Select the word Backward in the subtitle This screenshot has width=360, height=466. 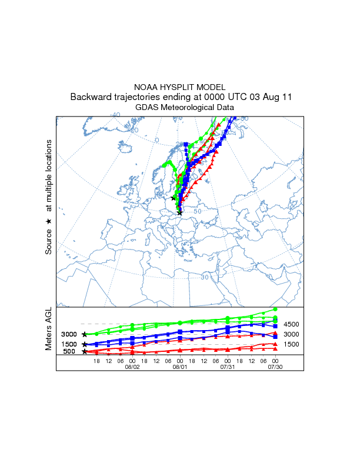coord(90,96)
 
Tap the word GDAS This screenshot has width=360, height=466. coord(147,108)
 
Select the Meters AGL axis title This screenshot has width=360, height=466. coord(49,331)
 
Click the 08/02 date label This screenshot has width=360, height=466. coord(132,366)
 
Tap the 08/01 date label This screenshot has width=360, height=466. coord(179,366)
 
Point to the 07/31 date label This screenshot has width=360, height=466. coord(228,366)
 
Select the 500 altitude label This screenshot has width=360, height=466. coord(69,352)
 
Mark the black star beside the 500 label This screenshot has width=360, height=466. coord(85,352)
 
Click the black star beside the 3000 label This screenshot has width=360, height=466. coord(85,334)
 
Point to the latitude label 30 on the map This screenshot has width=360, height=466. coord(205,277)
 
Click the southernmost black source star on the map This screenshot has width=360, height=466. coord(179,213)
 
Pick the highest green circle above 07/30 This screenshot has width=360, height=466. coord(275,309)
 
